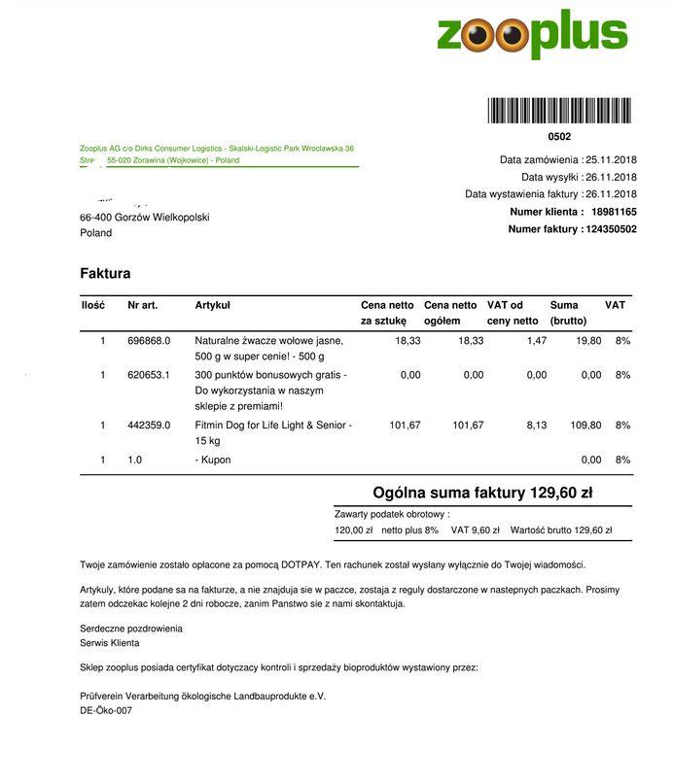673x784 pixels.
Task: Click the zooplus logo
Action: tap(532, 35)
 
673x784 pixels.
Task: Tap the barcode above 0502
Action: tap(559, 111)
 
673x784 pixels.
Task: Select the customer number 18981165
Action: tap(614, 212)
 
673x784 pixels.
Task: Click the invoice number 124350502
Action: tap(612, 229)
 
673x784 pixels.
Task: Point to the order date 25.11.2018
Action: tap(611, 159)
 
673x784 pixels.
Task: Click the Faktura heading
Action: tap(105, 274)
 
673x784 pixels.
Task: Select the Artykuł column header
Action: tap(212, 305)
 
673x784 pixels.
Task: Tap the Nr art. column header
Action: tap(142, 305)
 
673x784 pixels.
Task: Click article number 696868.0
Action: tap(149, 341)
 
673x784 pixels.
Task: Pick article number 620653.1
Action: tap(149, 375)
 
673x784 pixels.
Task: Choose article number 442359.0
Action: tap(149, 426)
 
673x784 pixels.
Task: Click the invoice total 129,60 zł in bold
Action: tap(561, 494)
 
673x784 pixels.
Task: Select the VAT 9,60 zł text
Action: tap(476, 530)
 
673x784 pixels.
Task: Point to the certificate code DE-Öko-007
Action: tap(106, 711)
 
